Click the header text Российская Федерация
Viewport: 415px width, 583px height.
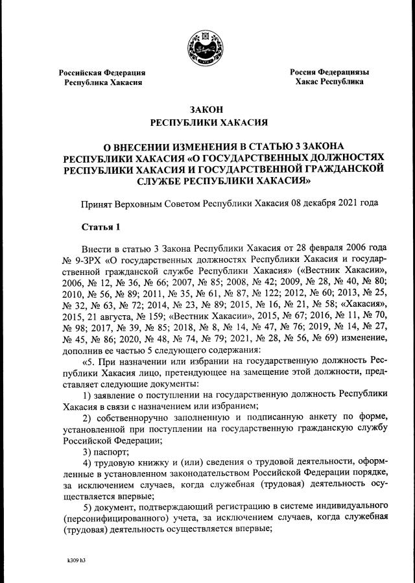point(102,73)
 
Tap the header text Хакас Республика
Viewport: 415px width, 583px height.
point(329,82)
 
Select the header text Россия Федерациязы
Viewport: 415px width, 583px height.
point(329,72)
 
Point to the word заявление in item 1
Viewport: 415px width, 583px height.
point(119,394)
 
